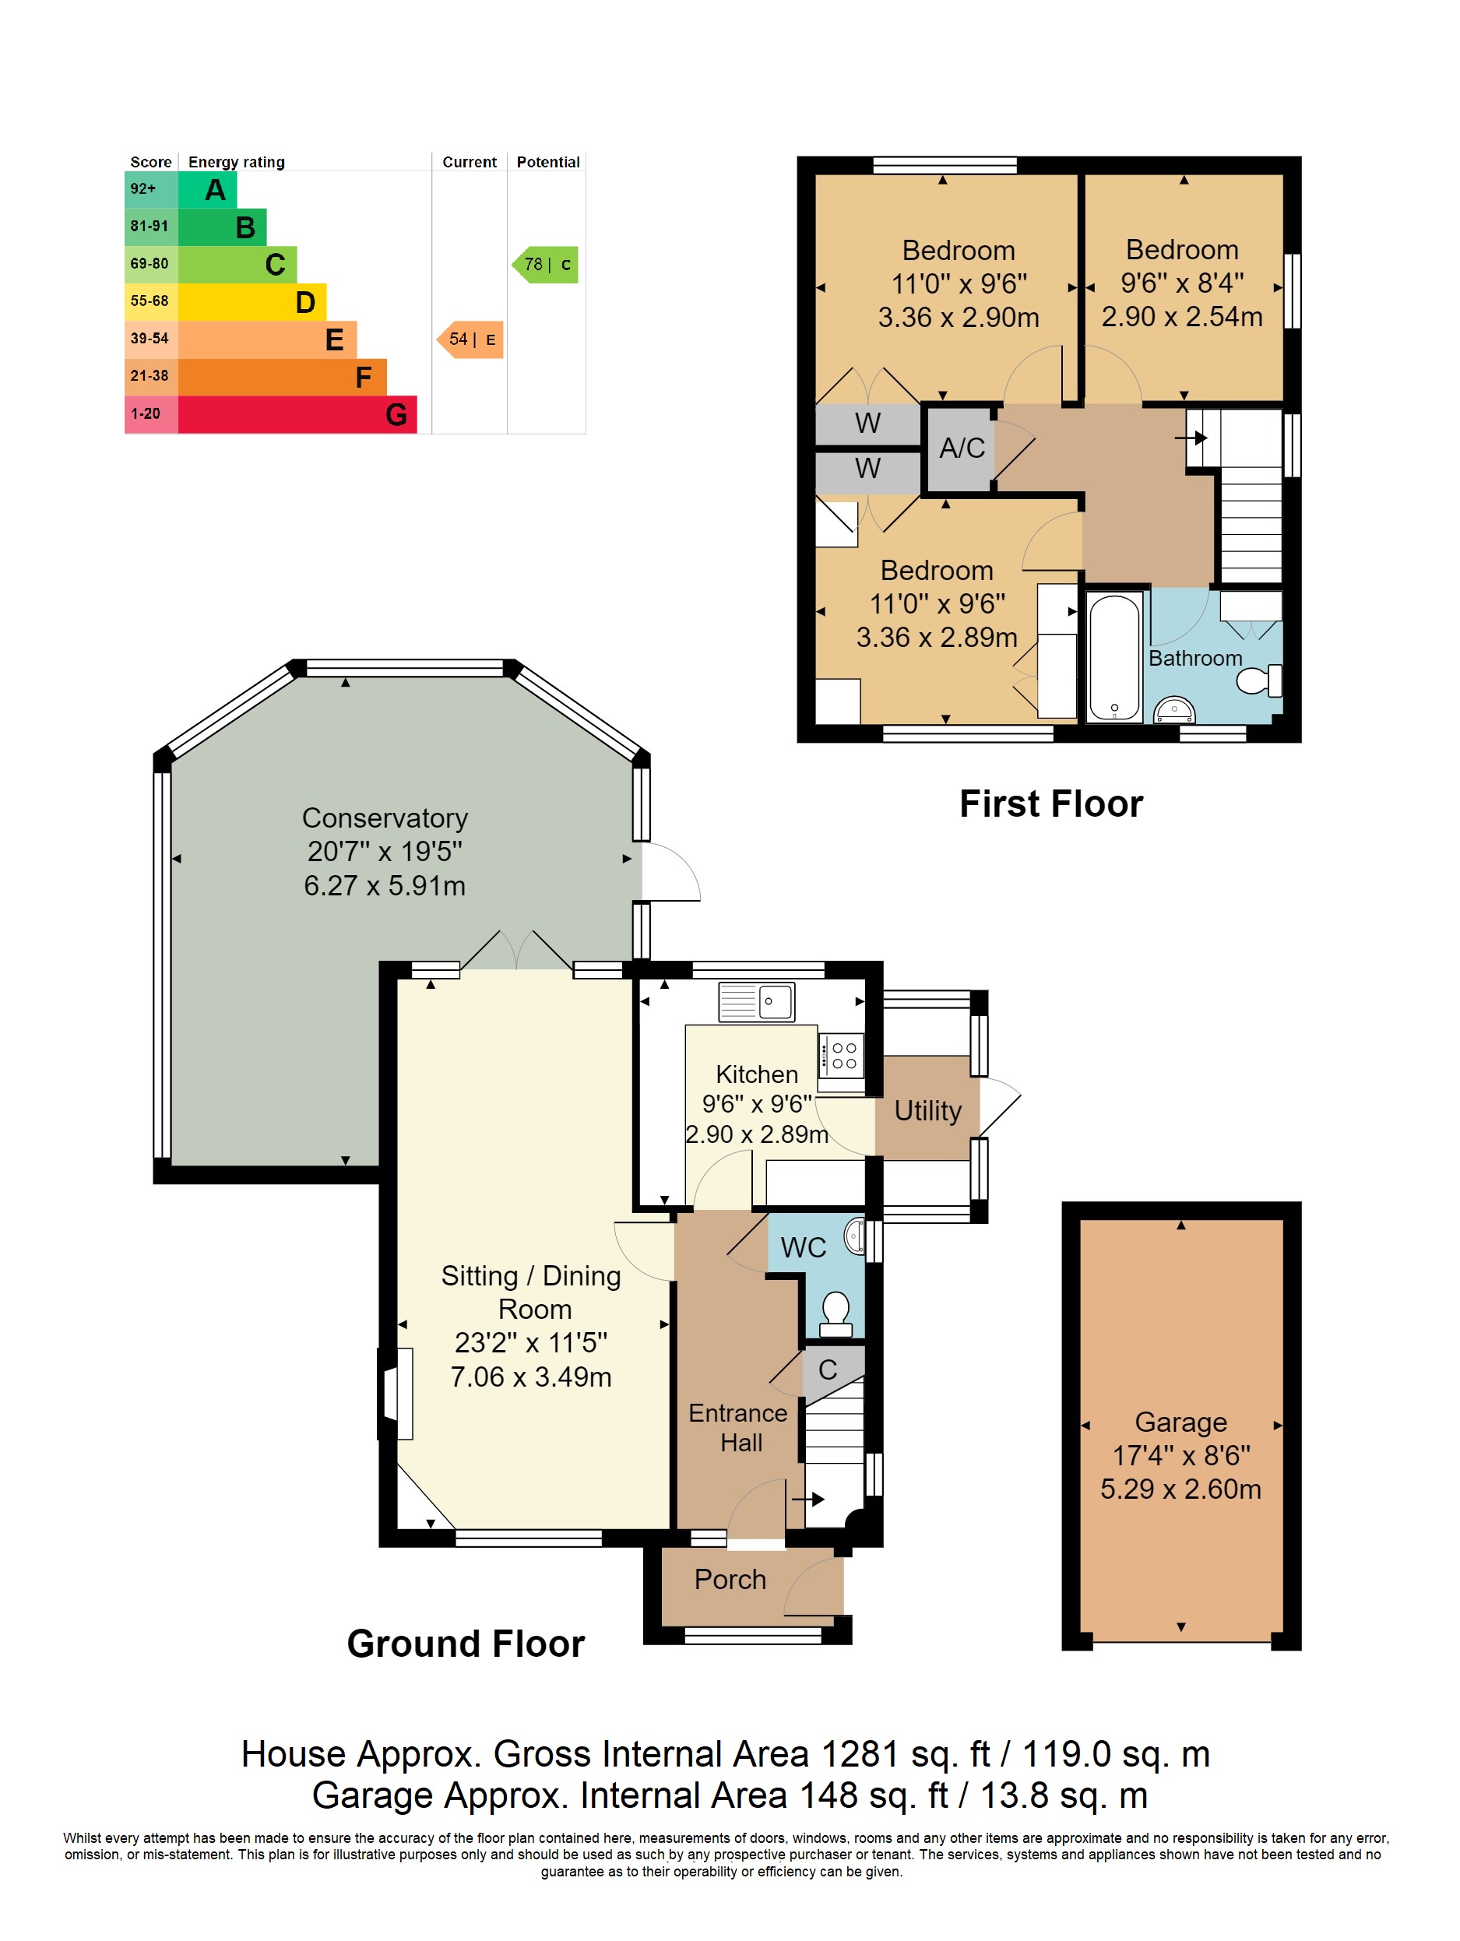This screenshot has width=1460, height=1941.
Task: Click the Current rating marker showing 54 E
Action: (x=470, y=339)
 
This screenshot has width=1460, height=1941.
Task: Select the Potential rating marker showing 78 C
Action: (x=546, y=264)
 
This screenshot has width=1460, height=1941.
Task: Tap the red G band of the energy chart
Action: (x=297, y=414)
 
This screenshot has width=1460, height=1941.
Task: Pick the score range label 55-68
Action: (x=150, y=301)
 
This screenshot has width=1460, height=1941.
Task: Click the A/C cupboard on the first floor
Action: (x=962, y=448)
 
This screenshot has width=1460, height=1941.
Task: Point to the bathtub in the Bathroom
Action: (x=1114, y=656)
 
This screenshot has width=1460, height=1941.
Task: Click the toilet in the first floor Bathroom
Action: (x=1259, y=680)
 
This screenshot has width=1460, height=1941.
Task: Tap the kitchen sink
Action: (x=757, y=1001)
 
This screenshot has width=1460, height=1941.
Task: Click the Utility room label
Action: (x=927, y=1111)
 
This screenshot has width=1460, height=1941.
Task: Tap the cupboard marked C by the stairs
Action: (x=828, y=1370)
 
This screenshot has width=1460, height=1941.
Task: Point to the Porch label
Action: (x=730, y=1580)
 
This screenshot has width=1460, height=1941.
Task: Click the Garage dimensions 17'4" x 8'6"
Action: (x=1181, y=1456)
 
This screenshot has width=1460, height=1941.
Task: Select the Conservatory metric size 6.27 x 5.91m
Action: (x=385, y=885)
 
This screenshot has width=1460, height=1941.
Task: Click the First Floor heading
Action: (x=1051, y=803)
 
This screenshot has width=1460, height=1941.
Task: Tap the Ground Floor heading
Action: (x=466, y=1644)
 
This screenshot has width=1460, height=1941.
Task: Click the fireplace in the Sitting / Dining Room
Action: (x=397, y=1394)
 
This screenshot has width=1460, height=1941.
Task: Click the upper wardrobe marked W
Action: (x=867, y=424)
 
